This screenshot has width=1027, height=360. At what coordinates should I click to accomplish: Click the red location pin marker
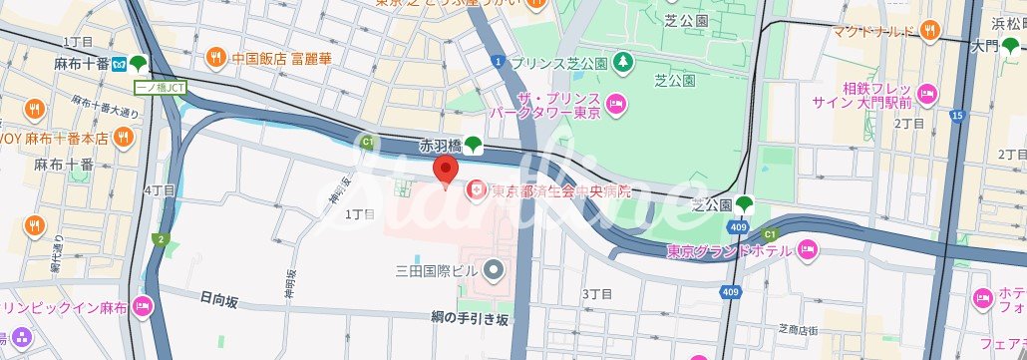445,171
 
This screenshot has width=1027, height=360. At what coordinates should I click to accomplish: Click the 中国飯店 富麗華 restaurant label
281,57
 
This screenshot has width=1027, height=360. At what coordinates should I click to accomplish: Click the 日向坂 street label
218,297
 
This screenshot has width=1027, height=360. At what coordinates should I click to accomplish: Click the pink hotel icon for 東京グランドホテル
807,248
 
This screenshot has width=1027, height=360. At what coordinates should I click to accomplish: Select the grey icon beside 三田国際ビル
493,269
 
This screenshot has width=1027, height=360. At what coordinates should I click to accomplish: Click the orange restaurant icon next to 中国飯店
214,57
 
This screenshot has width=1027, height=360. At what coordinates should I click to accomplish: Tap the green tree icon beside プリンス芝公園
623,62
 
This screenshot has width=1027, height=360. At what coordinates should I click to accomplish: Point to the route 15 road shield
957,117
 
